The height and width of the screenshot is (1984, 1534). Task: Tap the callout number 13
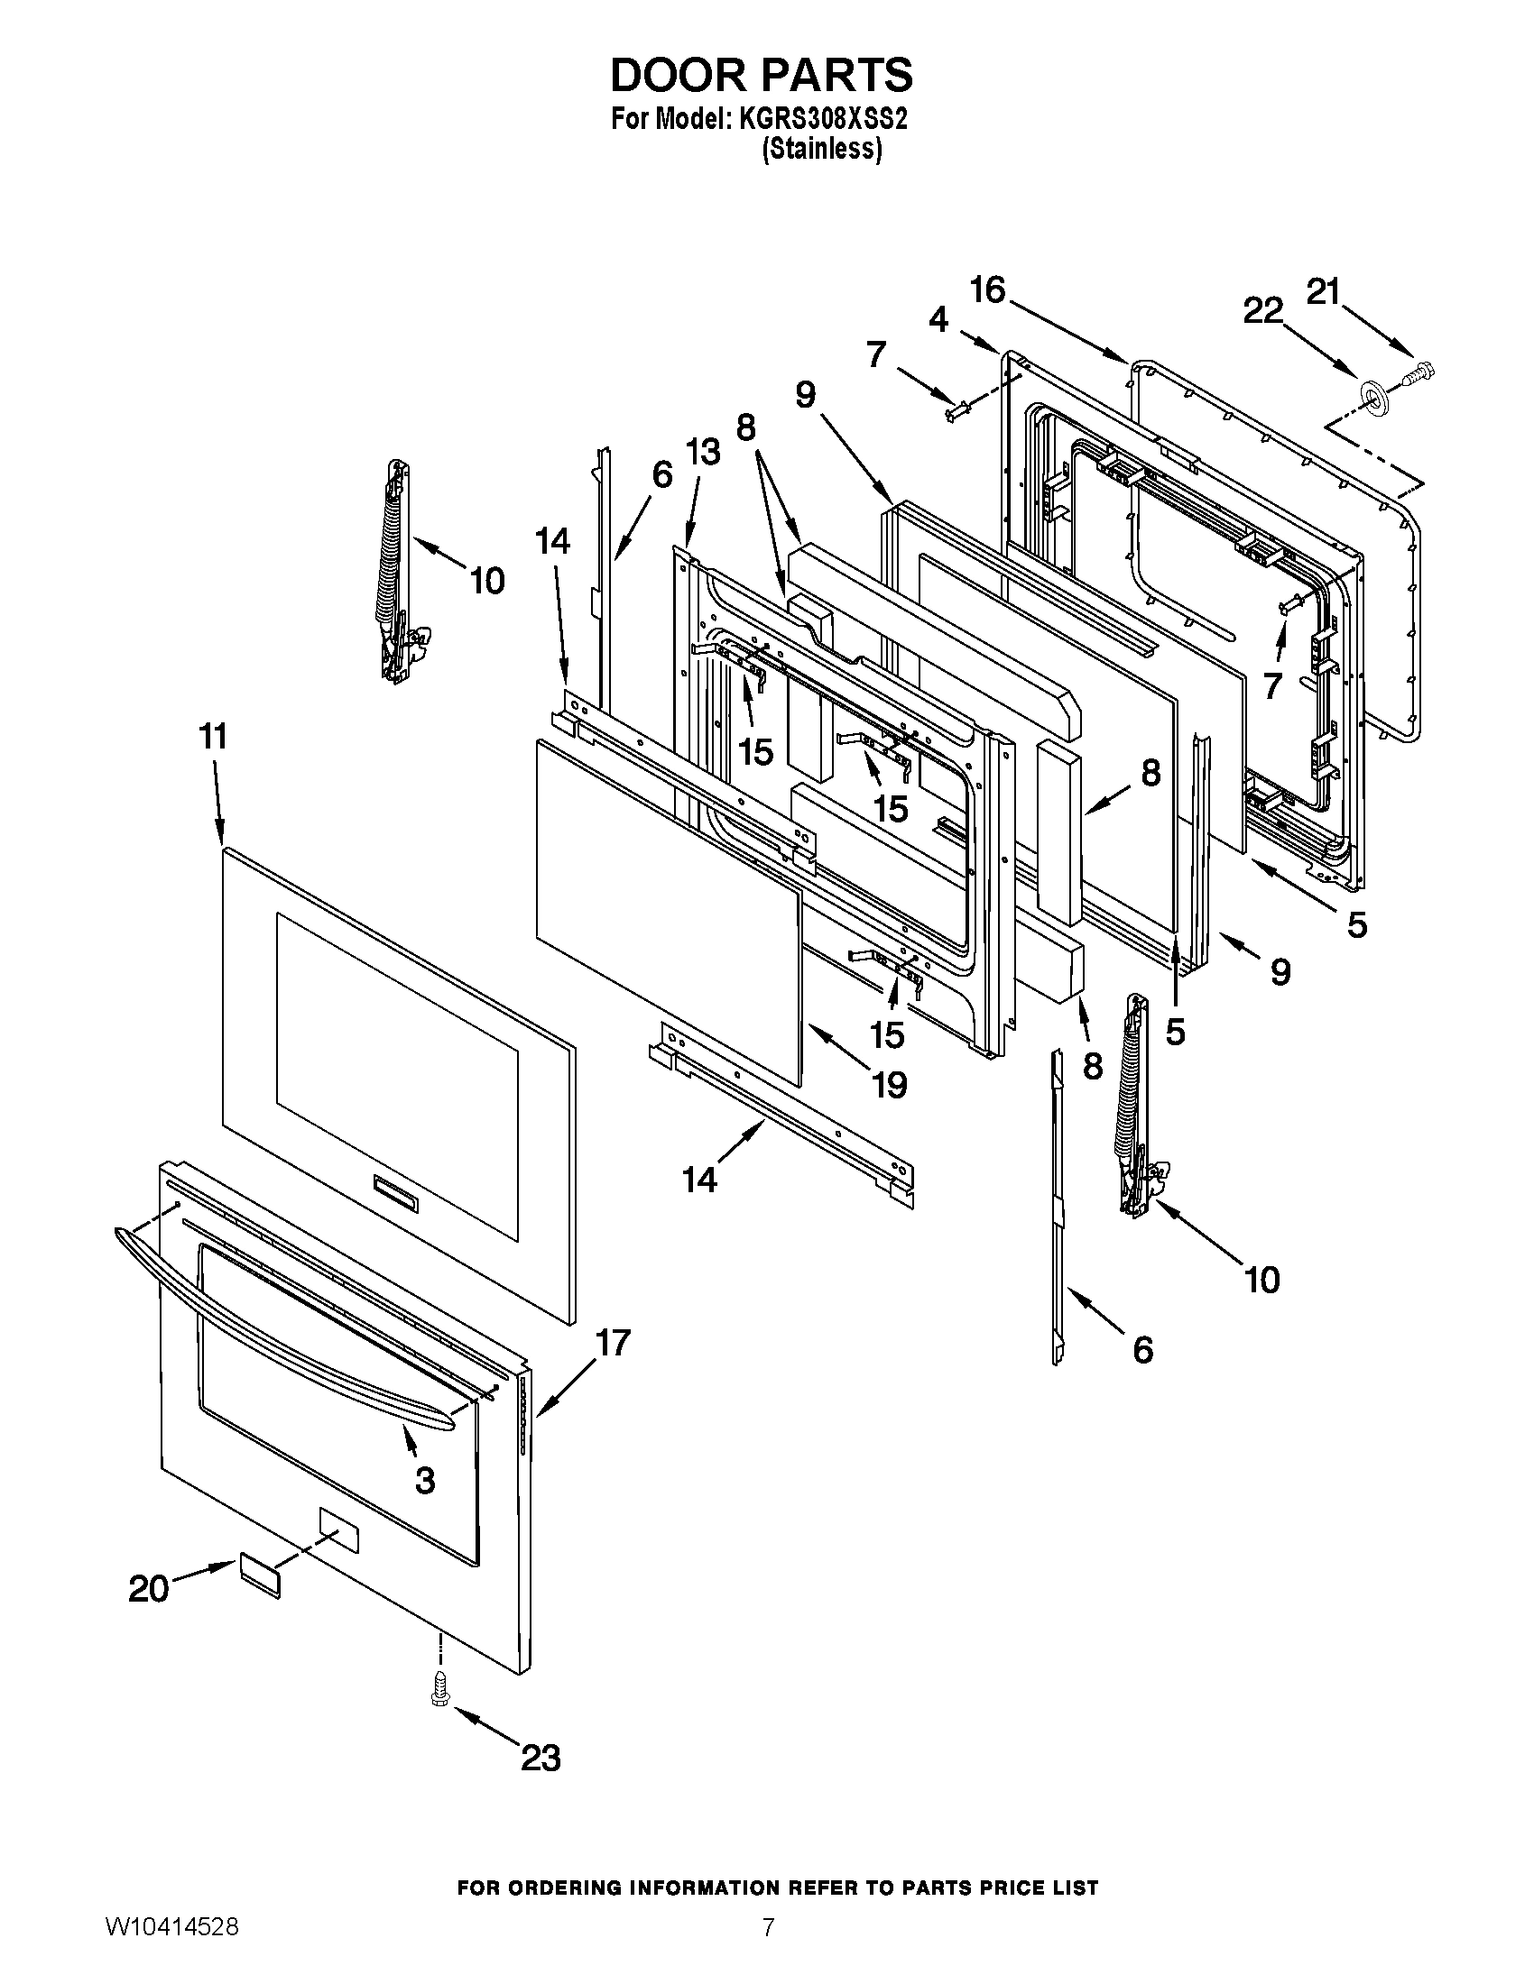[702, 452]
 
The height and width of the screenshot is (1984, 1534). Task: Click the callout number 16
[988, 289]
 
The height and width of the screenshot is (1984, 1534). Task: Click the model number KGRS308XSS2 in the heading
[818, 119]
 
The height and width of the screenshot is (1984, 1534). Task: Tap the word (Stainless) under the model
[821, 149]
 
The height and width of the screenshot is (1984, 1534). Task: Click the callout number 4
[938, 319]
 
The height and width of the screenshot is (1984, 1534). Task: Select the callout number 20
[149, 1589]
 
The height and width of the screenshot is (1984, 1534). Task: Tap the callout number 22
[1263, 312]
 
